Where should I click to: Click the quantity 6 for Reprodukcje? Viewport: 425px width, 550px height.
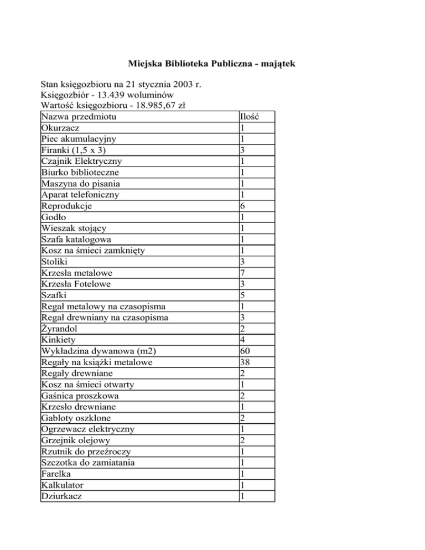[x=243, y=206]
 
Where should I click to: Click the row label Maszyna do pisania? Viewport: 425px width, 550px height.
[x=81, y=184]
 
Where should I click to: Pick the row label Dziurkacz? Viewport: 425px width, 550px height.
[x=62, y=496]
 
